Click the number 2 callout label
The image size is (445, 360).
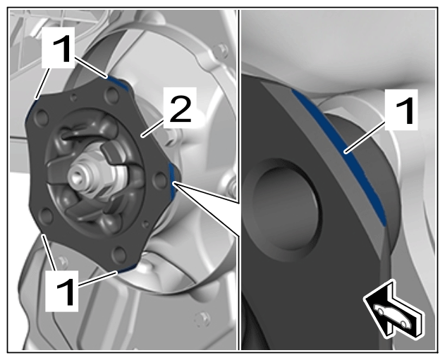coord(181,108)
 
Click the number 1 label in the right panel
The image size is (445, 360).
coord(401,110)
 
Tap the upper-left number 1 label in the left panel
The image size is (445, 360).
coord(58,48)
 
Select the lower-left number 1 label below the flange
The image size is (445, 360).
coord(62,291)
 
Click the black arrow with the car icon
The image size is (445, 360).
coord(394,309)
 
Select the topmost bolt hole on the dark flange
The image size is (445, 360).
coord(112,95)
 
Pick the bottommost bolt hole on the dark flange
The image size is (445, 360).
coord(118,254)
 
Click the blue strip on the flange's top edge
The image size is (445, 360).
coord(118,84)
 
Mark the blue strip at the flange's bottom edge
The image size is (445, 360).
coord(127,268)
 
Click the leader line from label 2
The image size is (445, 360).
coord(153,128)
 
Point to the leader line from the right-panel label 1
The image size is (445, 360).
coord(365,137)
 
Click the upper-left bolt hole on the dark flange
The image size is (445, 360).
coord(42,118)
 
